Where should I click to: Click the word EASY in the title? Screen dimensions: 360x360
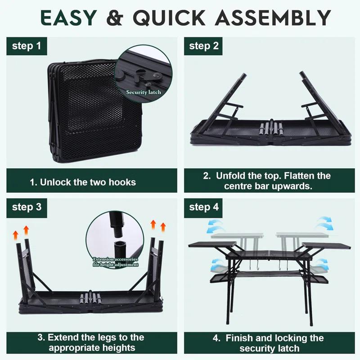pyautogui.click(x=67, y=18)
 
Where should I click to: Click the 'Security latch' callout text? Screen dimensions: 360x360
pyautogui.click(x=143, y=92)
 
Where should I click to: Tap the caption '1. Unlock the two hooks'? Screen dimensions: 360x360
pyautogui.click(x=83, y=182)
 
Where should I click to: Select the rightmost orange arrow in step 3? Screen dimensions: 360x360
pyautogui.click(x=163, y=226)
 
